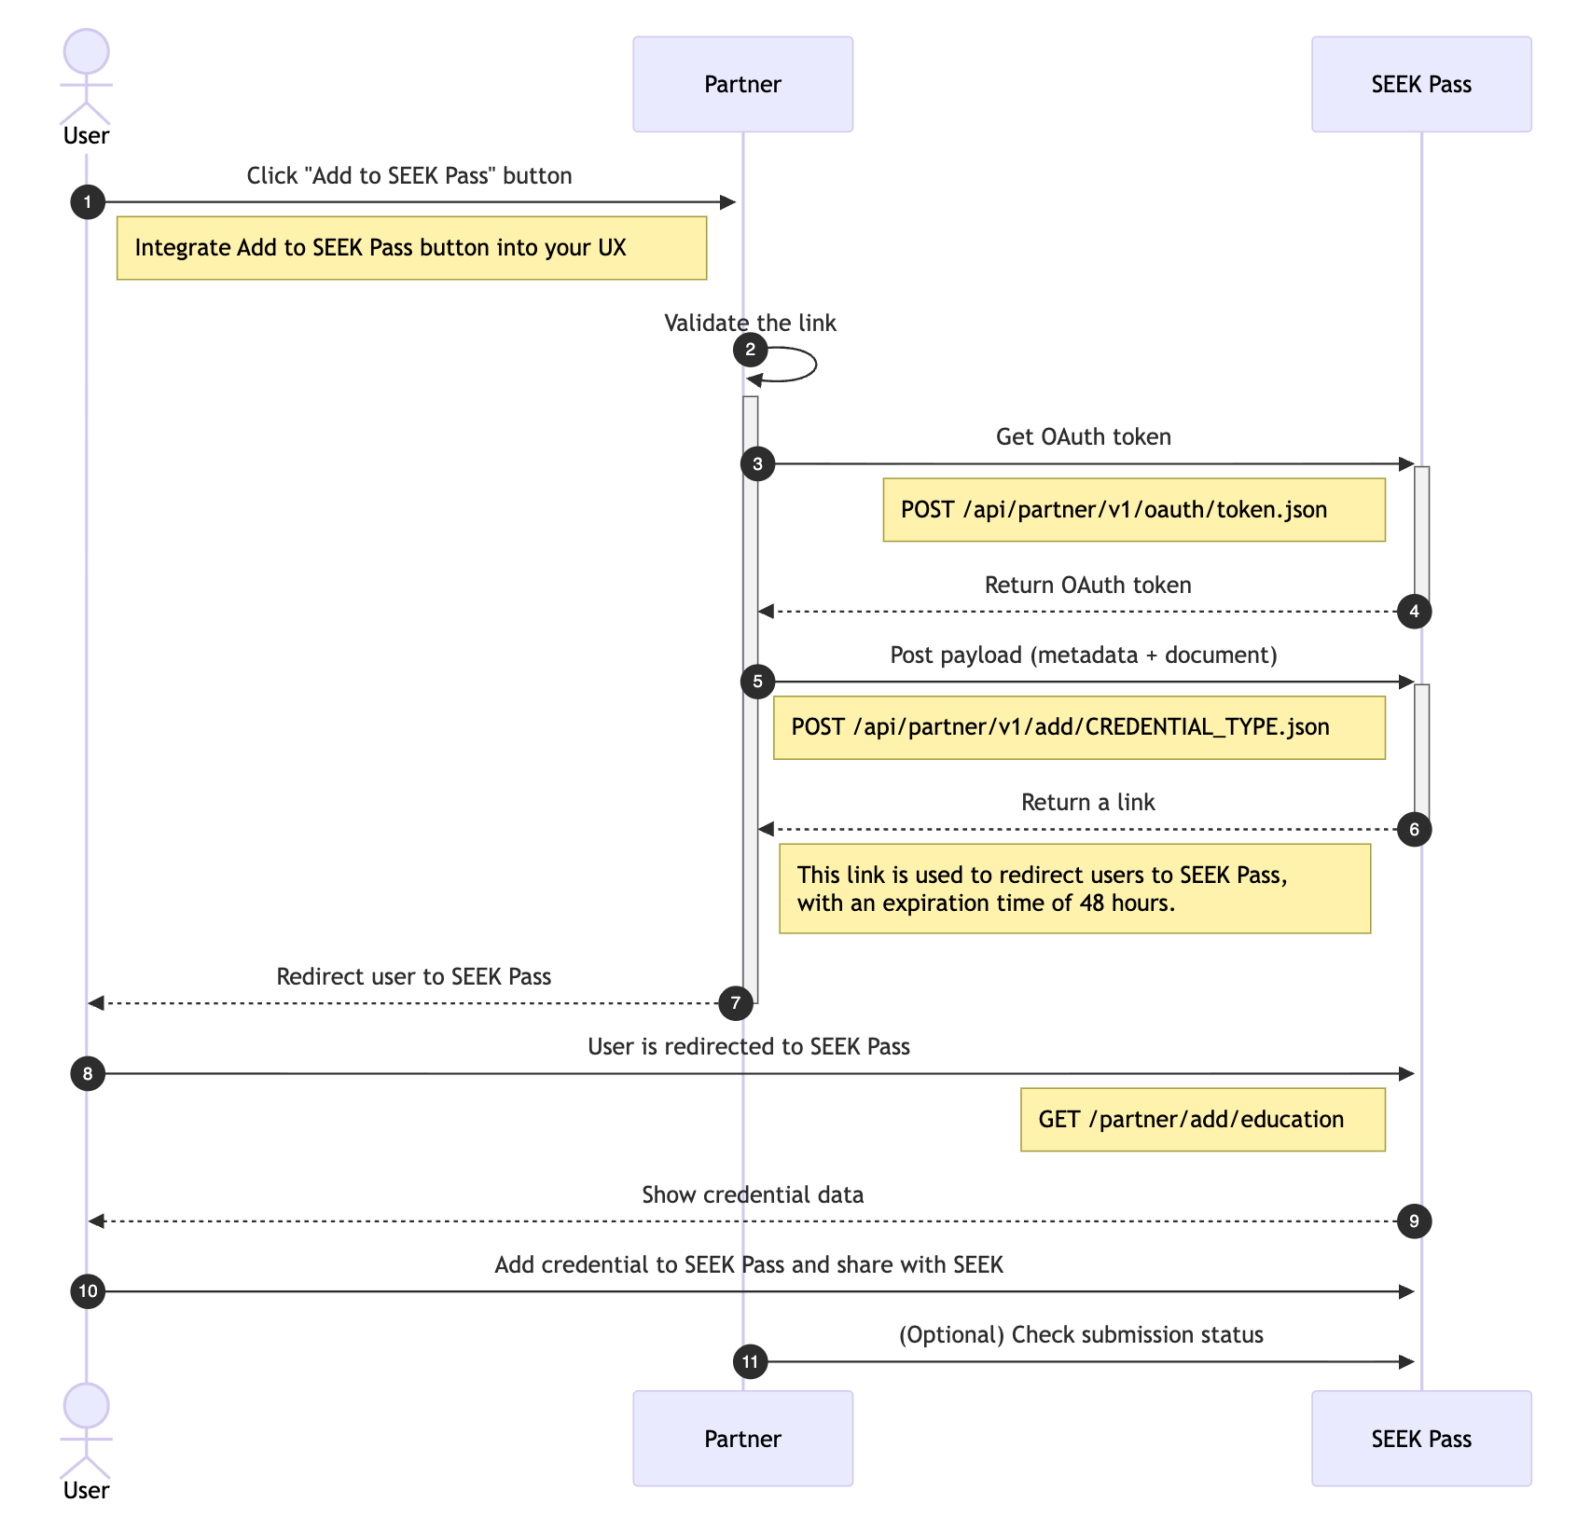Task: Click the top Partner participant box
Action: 742,84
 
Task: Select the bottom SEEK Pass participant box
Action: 1420,1438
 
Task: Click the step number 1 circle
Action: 88,202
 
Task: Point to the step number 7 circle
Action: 736,1003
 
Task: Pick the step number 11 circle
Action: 750,1362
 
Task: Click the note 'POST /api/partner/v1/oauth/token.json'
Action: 1133,510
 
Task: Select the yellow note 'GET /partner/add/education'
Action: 1202,1120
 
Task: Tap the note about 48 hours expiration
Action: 1074,889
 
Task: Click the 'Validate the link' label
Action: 750,323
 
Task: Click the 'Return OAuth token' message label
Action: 1087,585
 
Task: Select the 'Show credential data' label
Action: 752,1194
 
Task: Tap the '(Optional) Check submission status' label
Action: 1080,1334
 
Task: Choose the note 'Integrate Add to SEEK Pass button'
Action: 411,248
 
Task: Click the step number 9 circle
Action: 1414,1221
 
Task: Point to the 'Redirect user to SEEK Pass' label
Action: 413,976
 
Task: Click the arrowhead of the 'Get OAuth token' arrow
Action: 1407,463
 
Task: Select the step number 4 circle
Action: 1414,612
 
